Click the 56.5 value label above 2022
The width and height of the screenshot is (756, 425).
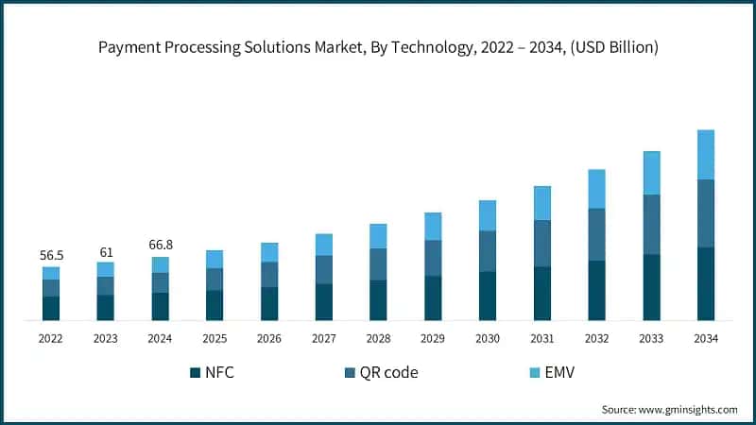coord(50,255)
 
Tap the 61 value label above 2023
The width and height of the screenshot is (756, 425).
coord(105,251)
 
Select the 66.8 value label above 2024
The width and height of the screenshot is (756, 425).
coord(160,246)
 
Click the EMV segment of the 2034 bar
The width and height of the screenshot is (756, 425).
coord(705,154)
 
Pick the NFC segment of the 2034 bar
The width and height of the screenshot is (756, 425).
coord(705,283)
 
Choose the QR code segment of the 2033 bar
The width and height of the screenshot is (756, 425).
coord(651,224)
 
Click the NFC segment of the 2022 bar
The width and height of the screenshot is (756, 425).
coord(50,308)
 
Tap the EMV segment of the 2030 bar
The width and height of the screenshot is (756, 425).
coord(488,215)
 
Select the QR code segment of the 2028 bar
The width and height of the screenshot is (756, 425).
coord(378,263)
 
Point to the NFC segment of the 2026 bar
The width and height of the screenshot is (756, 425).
coord(269,303)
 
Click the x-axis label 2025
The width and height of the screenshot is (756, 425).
coord(215,338)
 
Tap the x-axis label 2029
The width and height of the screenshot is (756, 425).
coord(433,338)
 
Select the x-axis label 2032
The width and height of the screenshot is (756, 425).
coord(596,338)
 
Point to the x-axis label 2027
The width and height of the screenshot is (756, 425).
coord(324,338)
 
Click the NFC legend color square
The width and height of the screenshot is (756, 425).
coord(196,372)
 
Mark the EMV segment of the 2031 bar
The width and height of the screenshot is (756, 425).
coord(542,203)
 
